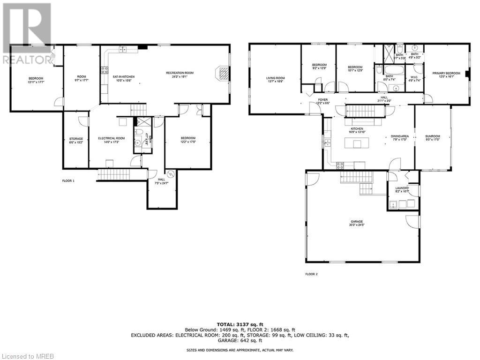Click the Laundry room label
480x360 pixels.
(402, 189)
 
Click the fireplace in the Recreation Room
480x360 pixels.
(222, 74)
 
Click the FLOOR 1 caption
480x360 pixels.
(68, 180)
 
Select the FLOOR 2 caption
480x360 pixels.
(311, 274)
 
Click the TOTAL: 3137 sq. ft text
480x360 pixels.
(240, 324)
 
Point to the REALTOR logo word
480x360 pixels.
(27, 60)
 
